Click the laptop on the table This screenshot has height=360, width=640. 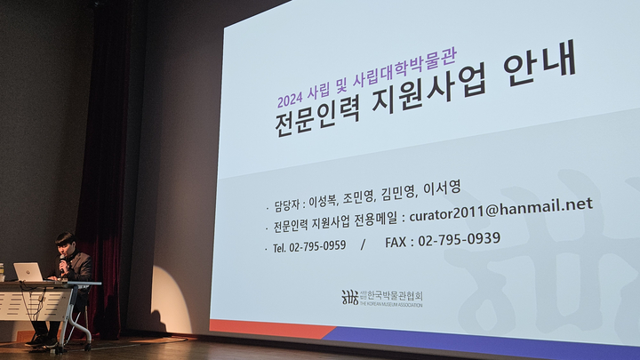(28, 272)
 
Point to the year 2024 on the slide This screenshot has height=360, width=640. (290, 99)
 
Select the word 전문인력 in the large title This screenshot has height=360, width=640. (317, 119)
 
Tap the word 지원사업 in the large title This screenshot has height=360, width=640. (429, 90)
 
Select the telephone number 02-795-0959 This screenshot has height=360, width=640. (317, 246)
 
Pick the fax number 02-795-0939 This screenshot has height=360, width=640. (460, 239)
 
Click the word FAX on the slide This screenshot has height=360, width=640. (396, 243)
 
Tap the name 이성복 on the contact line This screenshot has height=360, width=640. (323, 200)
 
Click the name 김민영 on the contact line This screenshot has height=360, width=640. (398, 194)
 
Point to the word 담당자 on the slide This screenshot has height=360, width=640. (287, 205)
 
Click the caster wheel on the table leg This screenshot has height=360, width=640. (88, 347)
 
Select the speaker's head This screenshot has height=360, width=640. (65, 243)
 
